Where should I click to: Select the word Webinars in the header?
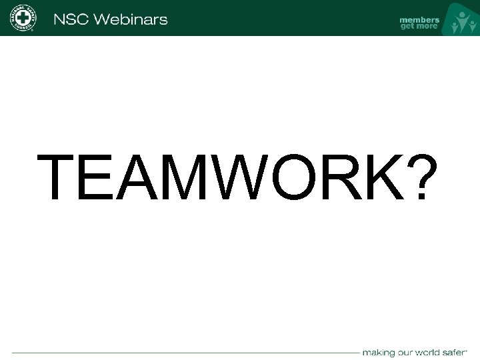tap(130, 19)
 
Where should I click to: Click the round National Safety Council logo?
tap(24, 17)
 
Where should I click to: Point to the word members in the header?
tap(419, 19)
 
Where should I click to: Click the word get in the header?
tap(407, 27)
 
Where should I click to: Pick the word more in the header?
tap(427, 27)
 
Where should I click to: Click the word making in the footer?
tap(378, 351)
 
